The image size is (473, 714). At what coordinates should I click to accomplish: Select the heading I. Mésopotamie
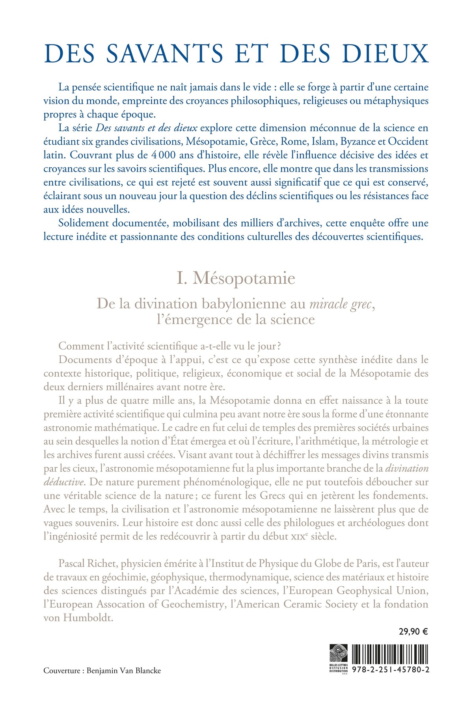[236, 278]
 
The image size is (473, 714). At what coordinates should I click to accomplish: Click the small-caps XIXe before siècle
[298, 536]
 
